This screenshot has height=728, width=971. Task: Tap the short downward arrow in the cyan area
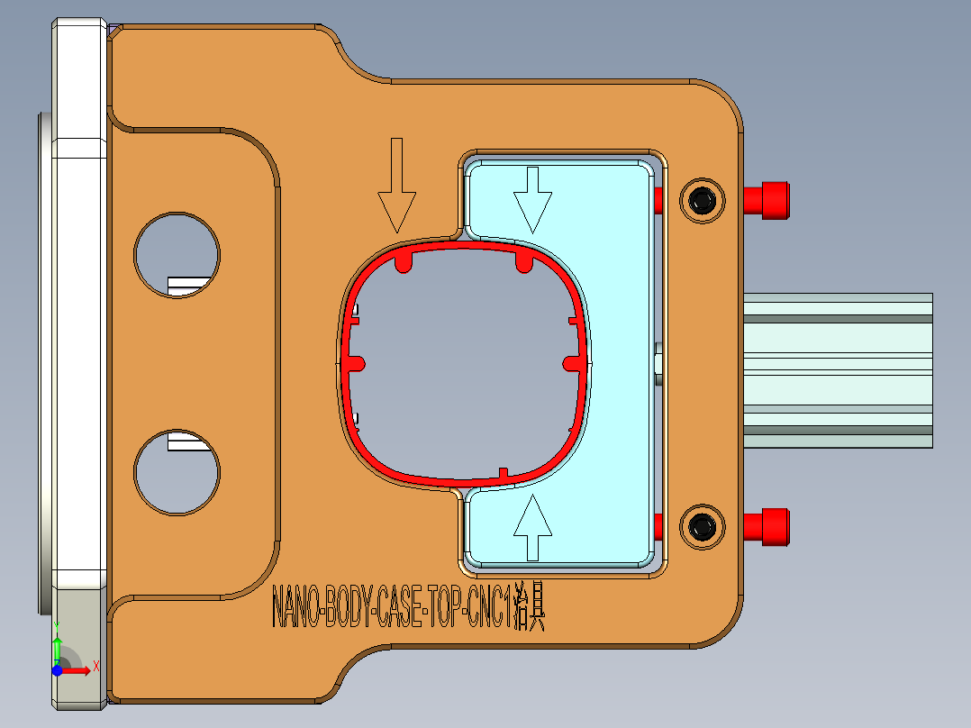tap(532, 198)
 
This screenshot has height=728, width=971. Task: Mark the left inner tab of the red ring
tap(355, 362)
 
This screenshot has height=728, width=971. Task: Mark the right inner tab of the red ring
tap(572, 362)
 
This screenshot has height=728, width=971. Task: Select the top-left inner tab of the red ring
tap(404, 261)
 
